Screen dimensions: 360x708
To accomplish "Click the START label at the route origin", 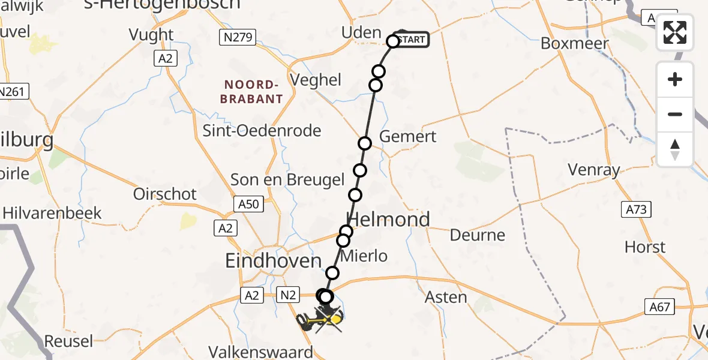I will point(412,40).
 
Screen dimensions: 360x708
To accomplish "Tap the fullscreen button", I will point(675,32).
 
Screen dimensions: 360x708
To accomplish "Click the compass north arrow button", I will point(675,149).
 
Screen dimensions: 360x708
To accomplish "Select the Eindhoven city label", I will point(273,260).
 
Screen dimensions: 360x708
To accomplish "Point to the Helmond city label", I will point(389,220).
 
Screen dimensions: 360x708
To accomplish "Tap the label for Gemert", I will point(408,137).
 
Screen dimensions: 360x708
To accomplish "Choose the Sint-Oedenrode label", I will point(262,130).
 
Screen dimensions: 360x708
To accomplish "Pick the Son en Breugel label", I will point(288,179).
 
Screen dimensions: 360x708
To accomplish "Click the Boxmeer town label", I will point(574,44).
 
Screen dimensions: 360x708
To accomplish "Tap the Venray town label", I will point(594,170).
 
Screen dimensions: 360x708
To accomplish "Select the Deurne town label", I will point(478,235).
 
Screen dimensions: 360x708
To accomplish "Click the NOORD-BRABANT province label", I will point(251,92).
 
